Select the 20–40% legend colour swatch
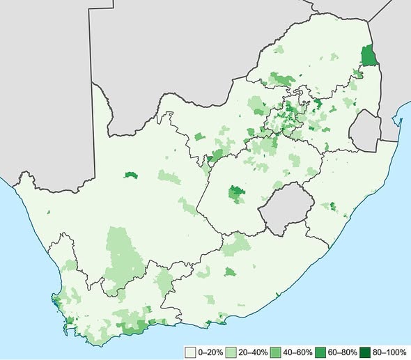pos(233,352)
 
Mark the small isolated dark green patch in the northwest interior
pos(129,176)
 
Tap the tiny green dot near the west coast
pos(48,212)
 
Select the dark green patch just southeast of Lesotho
pos(332,206)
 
